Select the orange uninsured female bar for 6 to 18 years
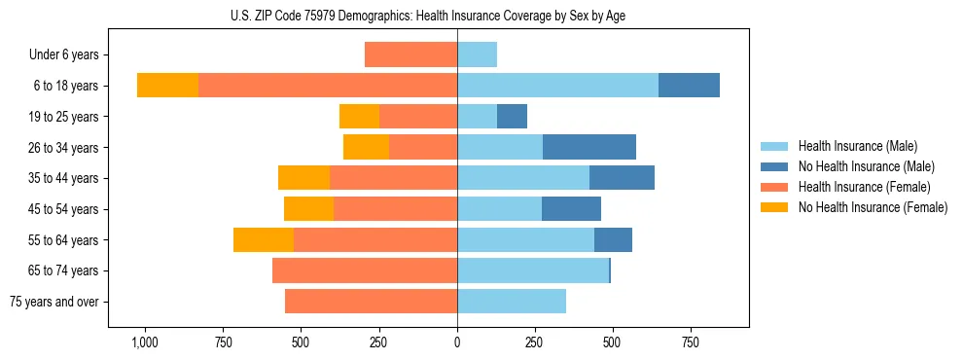click(167, 86)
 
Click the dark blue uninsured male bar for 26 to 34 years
click(589, 147)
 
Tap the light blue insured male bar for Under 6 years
click(477, 54)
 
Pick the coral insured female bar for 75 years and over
click(371, 302)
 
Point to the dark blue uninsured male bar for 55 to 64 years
click(613, 239)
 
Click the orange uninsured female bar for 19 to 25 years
click(359, 116)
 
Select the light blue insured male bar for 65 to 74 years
click(533, 270)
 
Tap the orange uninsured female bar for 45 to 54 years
click(308, 208)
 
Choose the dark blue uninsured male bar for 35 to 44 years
click(622, 178)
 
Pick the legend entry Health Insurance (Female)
click(864, 187)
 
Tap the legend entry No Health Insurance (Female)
click(873, 207)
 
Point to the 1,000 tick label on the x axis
click(144, 343)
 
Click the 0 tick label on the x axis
click(457, 343)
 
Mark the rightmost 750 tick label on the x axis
click(690, 343)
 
